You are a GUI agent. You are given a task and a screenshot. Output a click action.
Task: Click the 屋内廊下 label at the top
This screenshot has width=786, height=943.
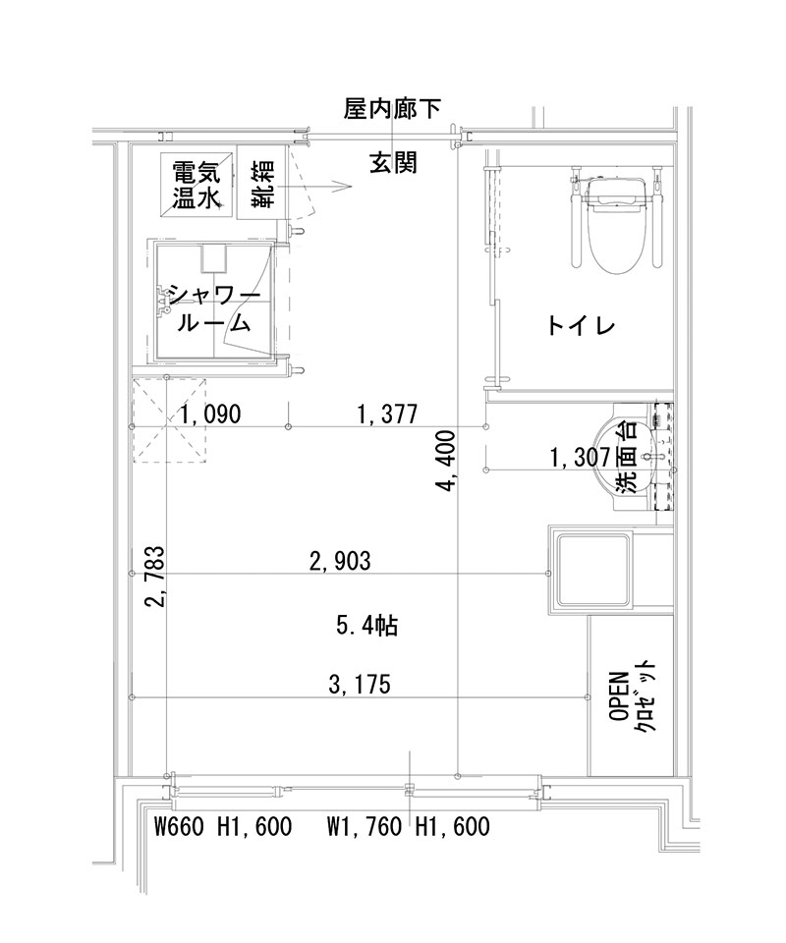coord(393,108)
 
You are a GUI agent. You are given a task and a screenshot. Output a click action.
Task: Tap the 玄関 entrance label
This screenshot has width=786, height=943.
coord(393,162)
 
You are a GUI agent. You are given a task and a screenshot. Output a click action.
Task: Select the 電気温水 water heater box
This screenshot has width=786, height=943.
coord(196,185)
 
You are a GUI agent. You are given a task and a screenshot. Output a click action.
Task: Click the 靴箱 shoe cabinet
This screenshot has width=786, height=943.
coord(260,185)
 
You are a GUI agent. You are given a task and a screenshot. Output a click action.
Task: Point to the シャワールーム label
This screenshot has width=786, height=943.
coord(214,307)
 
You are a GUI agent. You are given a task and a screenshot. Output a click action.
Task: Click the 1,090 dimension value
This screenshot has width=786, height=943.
coord(210,415)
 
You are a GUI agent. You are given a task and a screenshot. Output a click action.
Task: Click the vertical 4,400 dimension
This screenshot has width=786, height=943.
coord(447,461)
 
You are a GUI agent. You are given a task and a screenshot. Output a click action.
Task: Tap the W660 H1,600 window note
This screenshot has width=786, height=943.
coord(224,827)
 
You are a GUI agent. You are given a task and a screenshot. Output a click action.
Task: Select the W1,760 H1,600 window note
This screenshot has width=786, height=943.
coord(408,827)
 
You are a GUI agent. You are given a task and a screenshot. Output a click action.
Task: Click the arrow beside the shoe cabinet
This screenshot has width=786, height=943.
coord(337,184)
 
